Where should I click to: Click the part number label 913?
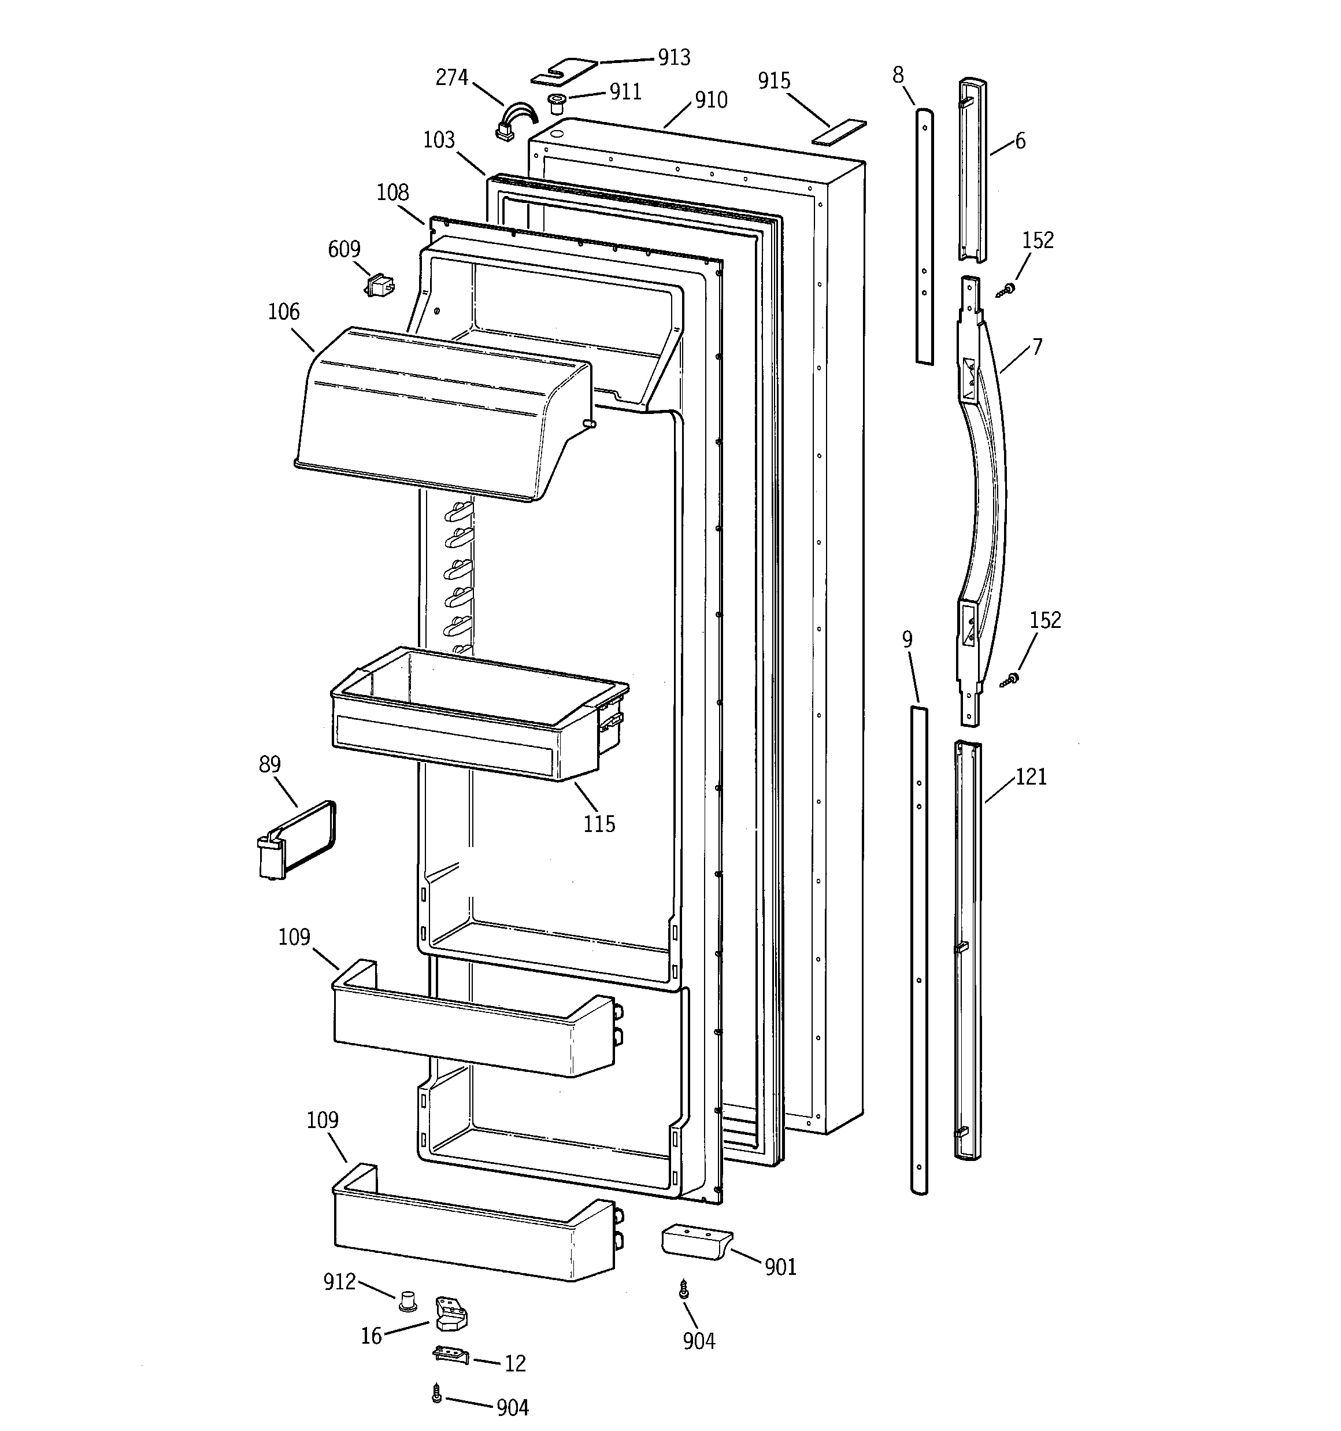[674, 58]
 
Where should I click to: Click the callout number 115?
[599, 824]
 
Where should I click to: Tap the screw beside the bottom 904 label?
[436, 1395]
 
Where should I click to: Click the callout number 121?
[1030, 776]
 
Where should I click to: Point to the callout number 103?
[438, 140]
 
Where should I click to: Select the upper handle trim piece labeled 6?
[972, 169]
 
